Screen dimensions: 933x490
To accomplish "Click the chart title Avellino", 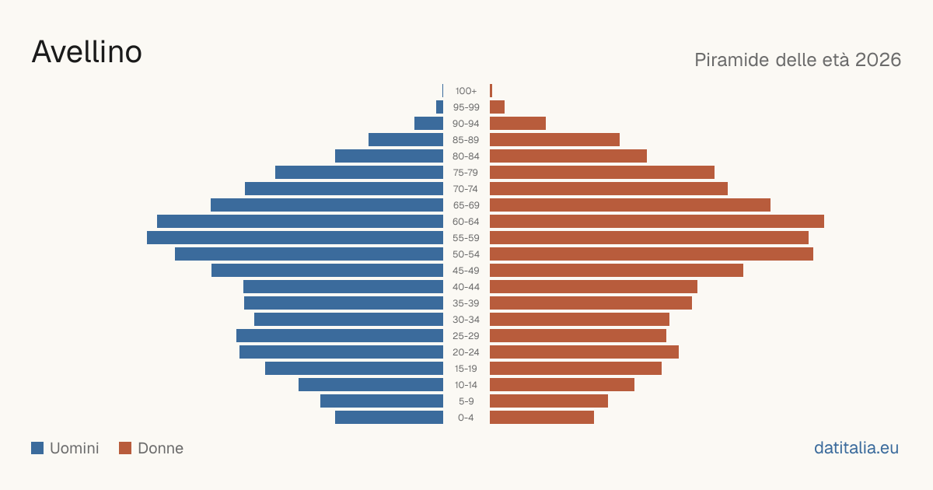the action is pos(86,52).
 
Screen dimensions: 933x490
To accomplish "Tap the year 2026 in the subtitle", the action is pos(878,60).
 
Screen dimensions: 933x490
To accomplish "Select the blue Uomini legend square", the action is pos(37,448).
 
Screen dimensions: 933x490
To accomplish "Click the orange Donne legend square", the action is pos(125,448).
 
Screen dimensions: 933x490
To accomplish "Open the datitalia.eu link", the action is pos(856,448).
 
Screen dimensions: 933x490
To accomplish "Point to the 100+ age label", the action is pos(466,91).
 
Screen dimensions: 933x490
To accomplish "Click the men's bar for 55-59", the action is pos(295,237).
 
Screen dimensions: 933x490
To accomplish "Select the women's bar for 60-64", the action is pos(657,221).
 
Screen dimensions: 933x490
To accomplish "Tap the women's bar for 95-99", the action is pos(498,107).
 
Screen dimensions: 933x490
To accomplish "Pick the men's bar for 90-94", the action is pos(428,124).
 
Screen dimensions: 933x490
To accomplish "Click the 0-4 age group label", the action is pos(466,418).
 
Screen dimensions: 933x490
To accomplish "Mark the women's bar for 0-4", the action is pos(542,418).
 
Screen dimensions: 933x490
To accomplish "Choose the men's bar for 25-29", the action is pos(340,336).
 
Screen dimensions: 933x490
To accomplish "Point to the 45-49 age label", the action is pos(466,271).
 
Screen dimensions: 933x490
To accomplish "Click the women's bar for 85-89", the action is pos(555,139).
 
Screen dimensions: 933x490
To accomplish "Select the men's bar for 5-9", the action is pos(382,401).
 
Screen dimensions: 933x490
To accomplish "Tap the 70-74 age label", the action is pos(466,189).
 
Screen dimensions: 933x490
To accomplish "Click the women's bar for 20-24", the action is pos(585,352).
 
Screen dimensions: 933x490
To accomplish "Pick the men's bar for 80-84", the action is pos(389,156).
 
